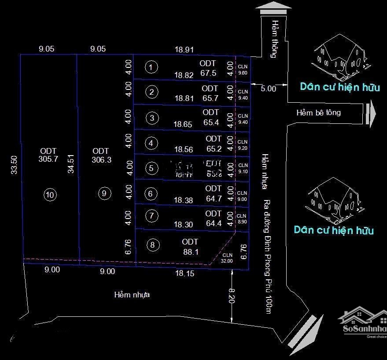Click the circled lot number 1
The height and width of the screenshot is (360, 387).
click(x=151, y=67)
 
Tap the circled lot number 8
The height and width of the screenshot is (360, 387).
click(x=152, y=245)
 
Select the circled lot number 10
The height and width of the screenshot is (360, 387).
click(x=51, y=194)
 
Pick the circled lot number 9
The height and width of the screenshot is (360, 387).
click(x=104, y=193)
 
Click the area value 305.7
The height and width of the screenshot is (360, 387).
click(x=48, y=160)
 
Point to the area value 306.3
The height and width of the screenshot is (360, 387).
click(x=102, y=160)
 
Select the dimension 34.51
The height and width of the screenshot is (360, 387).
click(x=71, y=163)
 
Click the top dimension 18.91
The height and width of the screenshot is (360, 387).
click(x=184, y=50)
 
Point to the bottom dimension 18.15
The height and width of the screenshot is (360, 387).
click(x=184, y=274)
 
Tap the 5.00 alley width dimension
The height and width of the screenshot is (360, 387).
click(x=268, y=88)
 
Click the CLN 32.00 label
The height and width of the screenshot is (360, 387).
click(x=227, y=258)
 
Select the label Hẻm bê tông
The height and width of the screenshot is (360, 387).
click(x=318, y=112)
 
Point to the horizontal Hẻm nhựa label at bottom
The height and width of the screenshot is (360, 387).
click(x=132, y=294)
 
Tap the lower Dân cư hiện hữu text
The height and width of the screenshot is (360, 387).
click(x=334, y=230)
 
